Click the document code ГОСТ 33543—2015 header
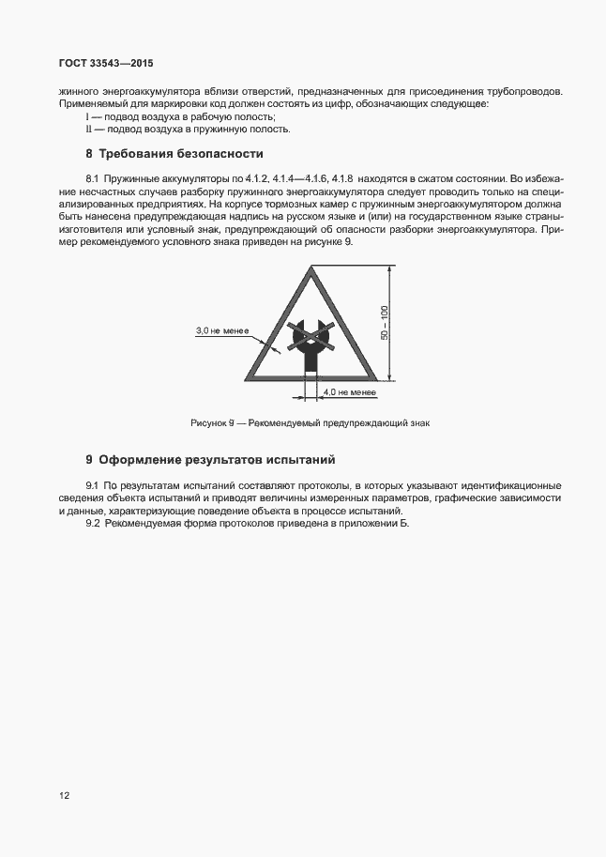pos(106,64)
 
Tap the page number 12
pos(64,794)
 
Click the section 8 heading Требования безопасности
pos(174,153)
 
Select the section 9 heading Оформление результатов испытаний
pos(210,460)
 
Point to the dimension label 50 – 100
pos(384,324)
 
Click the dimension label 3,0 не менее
pos(220,331)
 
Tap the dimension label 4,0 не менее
pos(349,390)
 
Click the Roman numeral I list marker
pos(86,116)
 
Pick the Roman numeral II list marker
pos(88,129)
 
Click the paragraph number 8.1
pos(93,177)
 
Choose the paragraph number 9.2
pos(93,523)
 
